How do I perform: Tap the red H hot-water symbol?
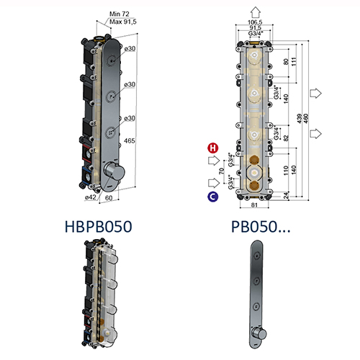(213, 148)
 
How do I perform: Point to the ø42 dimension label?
(91, 197)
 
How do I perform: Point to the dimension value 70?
(222, 173)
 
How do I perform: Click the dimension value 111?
(287, 66)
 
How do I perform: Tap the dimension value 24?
(287, 193)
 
